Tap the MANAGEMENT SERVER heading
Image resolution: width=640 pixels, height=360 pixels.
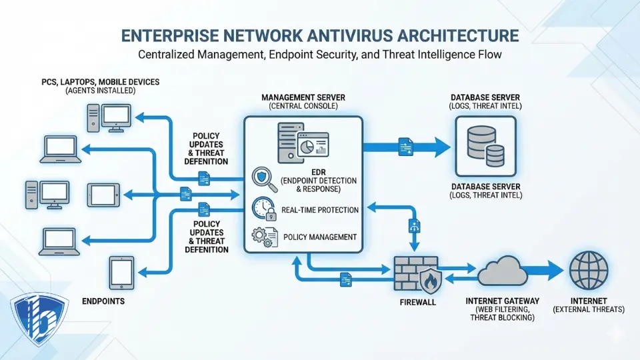click(x=303, y=97)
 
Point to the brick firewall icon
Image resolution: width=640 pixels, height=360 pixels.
click(x=415, y=274)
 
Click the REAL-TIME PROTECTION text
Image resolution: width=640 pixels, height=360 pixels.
click(x=320, y=209)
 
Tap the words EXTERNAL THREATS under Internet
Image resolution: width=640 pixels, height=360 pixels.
click(x=589, y=309)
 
